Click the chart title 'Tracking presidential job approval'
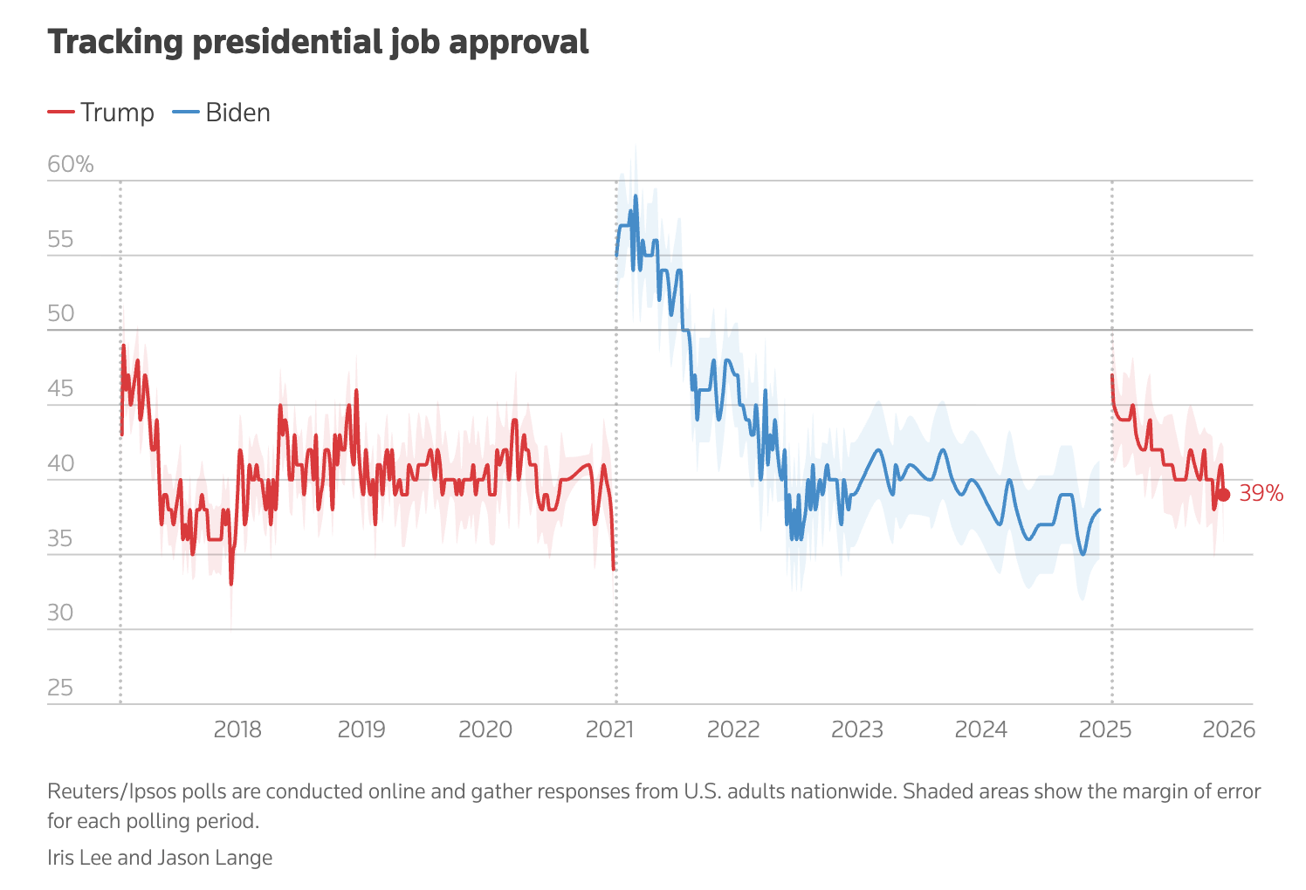pos(318,42)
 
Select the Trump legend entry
pos(100,113)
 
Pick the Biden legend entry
pos(222,113)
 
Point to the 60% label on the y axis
pos(70,164)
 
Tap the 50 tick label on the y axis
pos(61,314)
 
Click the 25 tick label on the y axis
pos(61,688)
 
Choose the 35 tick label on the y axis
pos(61,538)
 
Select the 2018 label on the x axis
pos(237,729)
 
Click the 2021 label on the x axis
pos(609,729)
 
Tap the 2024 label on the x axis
pos(981,729)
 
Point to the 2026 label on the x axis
pos(1229,729)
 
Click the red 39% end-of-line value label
pos(1261,494)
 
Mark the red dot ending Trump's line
pos(1224,495)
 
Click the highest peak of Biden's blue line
pos(636,195)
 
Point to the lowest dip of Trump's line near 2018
pos(231,584)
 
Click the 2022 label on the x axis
pos(733,729)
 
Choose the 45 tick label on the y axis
pos(61,389)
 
